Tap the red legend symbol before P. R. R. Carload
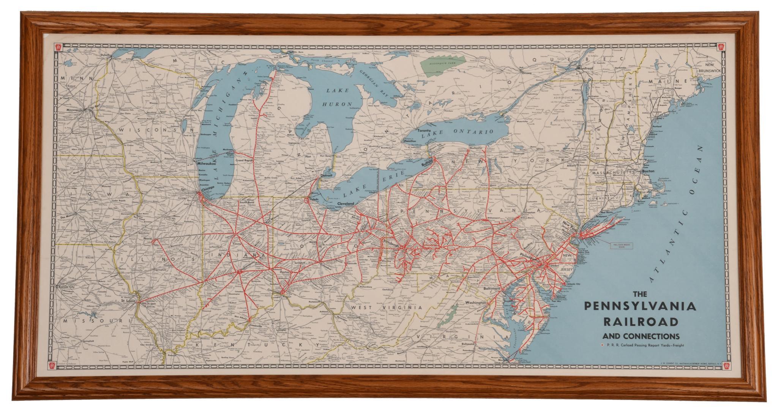[x=600, y=345]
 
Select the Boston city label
[x=648, y=171]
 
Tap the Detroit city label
[x=326, y=176]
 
